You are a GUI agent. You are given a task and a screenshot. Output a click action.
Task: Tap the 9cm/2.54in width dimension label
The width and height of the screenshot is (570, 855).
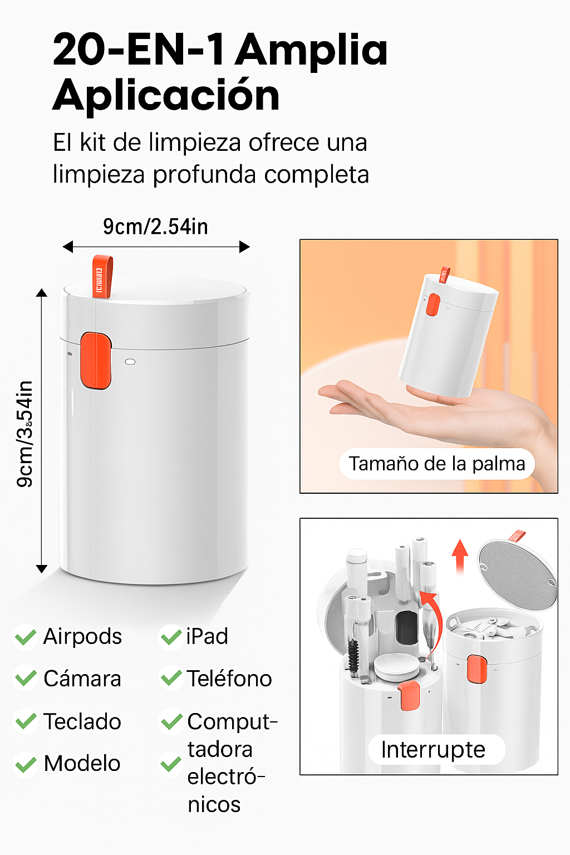pos(155,227)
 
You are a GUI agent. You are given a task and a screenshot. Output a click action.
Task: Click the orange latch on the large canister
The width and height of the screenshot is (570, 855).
pos(96,361)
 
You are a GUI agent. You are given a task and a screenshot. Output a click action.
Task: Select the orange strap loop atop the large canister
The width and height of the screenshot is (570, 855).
pos(102,276)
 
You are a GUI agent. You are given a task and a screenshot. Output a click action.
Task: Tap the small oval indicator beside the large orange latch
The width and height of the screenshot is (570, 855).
pos(130,361)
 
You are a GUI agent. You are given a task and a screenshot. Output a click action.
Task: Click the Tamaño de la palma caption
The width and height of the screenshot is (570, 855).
pos(437,464)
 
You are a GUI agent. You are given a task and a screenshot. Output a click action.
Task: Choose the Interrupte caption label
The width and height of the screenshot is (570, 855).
pos(433,750)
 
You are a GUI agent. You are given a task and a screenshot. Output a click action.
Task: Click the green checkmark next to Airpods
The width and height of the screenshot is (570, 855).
pos(26,637)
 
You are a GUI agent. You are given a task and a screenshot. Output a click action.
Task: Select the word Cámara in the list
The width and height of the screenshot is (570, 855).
pos(82,679)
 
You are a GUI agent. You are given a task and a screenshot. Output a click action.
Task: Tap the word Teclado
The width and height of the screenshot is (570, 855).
pos(82,721)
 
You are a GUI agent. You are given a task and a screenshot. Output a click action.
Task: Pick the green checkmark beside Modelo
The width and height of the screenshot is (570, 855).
pos(26,764)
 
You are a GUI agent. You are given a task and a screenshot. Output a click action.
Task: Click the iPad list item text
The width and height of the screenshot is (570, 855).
pos(207,636)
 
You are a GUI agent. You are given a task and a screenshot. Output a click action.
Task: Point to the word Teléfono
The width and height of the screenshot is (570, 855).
pos(229,679)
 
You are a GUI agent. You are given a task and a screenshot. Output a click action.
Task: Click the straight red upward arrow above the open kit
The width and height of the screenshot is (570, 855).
pos(460,557)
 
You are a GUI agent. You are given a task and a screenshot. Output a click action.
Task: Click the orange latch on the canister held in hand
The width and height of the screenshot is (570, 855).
pos(433,304)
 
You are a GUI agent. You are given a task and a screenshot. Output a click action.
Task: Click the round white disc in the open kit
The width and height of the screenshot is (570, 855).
pos(396,666)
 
